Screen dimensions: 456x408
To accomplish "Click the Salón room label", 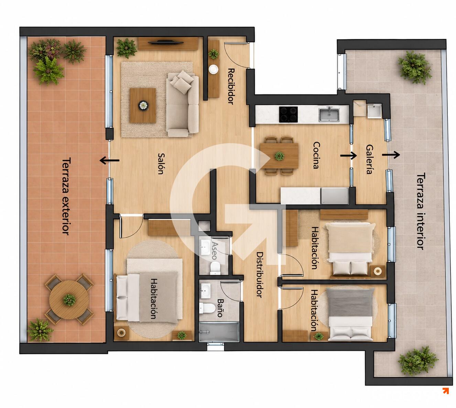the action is [x=161, y=163].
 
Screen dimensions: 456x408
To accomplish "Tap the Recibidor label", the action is [x=231, y=86].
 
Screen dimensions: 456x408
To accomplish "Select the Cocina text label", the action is [x=316, y=155].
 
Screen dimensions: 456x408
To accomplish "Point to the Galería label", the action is [x=369, y=159].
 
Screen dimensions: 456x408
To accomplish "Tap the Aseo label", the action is [x=215, y=250].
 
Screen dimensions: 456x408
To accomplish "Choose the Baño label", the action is [x=220, y=308].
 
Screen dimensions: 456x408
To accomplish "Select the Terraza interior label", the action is [x=420, y=211].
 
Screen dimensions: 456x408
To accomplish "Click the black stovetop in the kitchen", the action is [x=288, y=114].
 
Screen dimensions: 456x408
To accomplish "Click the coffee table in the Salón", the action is [x=143, y=105].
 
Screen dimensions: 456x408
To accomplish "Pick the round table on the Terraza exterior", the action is [x=69, y=300].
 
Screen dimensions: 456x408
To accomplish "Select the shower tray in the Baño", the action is [x=219, y=332].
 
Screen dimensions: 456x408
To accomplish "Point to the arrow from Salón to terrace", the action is [x=109, y=161].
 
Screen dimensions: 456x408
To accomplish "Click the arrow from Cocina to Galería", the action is [x=348, y=155].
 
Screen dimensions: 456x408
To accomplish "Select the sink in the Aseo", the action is [x=205, y=247].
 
